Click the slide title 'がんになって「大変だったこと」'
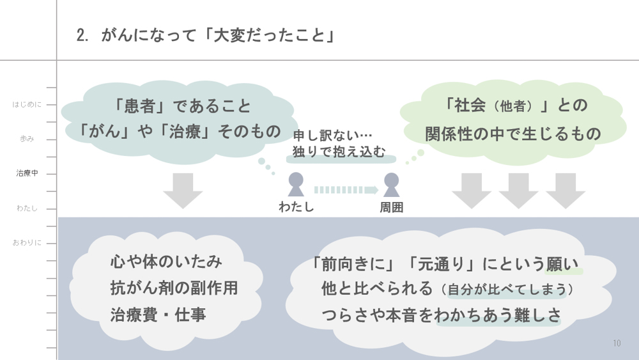tap(206, 35)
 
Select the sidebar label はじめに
tap(27, 104)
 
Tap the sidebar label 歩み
tap(27, 139)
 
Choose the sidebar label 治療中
tap(27, 173)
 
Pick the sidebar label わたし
tap(27, 208)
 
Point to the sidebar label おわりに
tap(27, 242)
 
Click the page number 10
tap(617, 343)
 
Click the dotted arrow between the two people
tap(346, 189)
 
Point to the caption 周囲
tap(391, 207)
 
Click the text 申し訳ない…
tap(332, 136)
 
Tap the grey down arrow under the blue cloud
tap(183, 190)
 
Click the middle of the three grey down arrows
tap(518, 190)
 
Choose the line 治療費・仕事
tap(158, 315)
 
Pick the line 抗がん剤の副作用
tap(174, 288)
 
